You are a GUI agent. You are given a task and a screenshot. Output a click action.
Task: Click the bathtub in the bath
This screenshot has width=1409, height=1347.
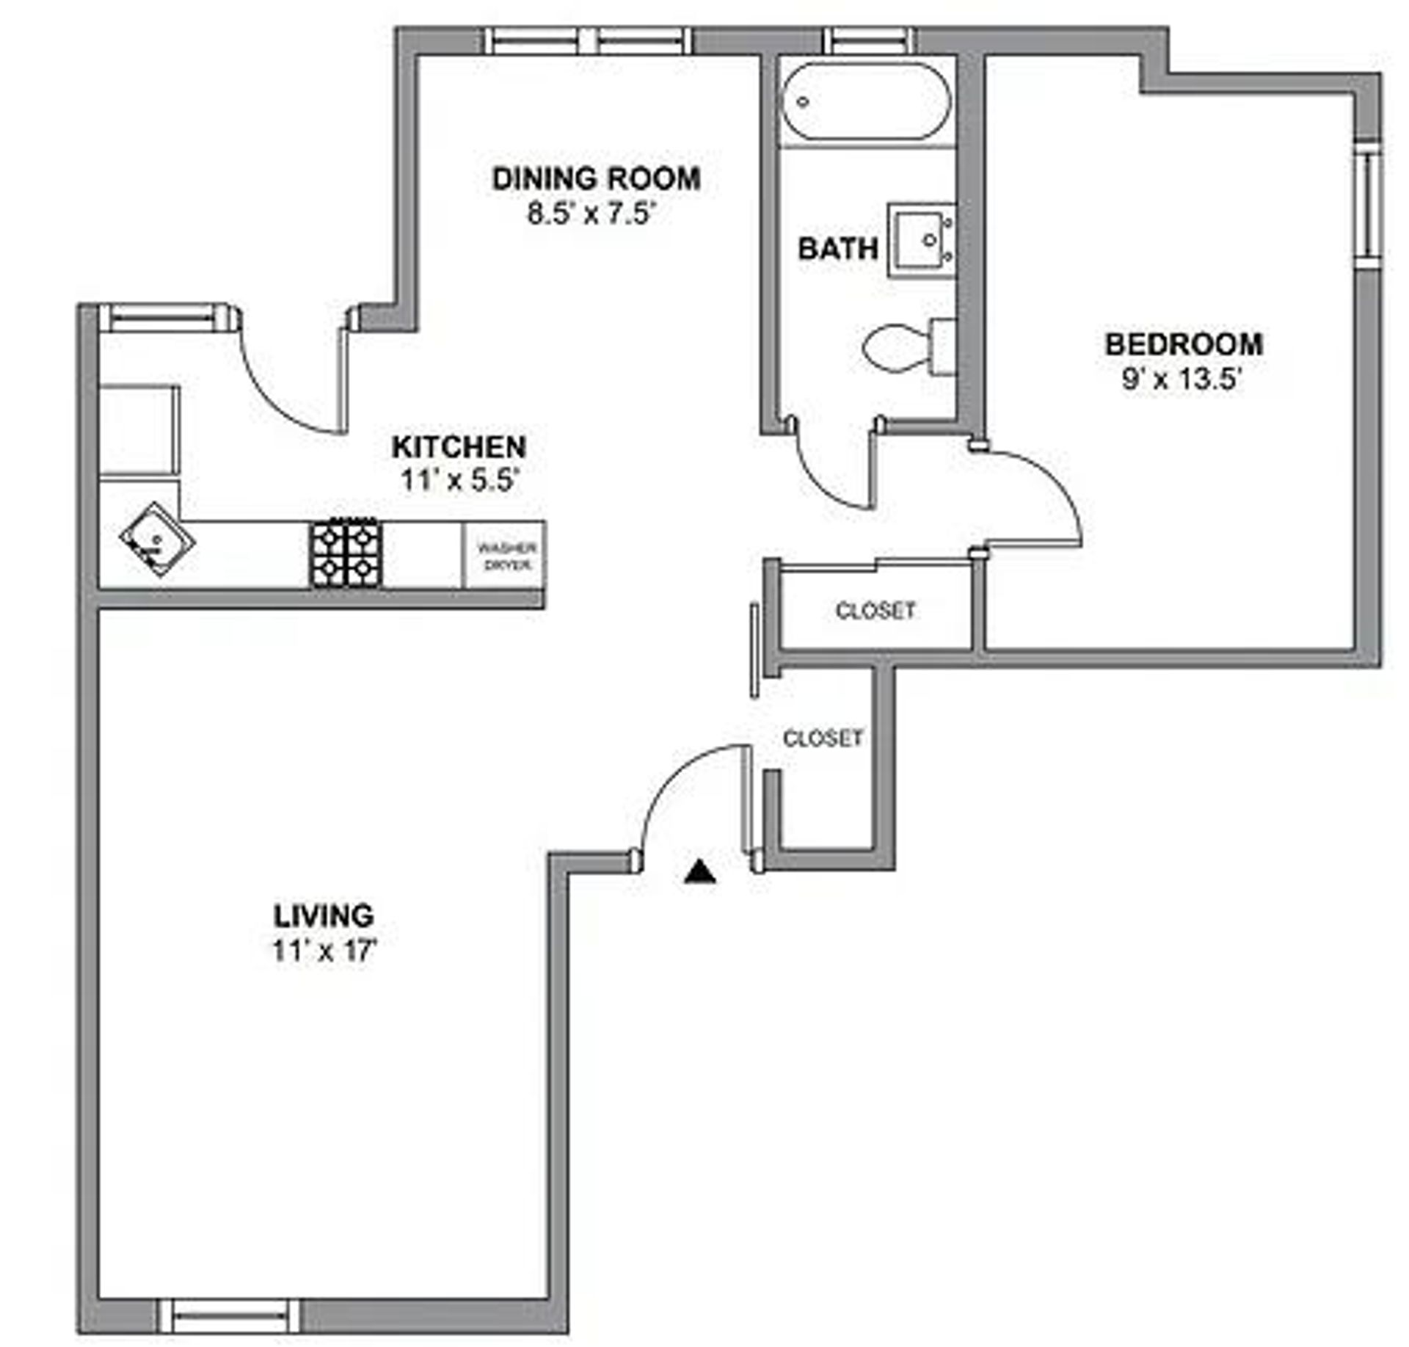(x=867, y=102)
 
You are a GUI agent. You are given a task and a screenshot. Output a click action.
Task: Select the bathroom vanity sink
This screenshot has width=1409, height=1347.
(x=922, y=240)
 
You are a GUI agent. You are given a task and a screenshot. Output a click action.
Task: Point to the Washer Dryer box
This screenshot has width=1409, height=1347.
(x=506, y=556)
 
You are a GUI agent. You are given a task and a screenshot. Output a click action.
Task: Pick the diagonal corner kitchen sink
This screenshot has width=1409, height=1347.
(x=157, y=540)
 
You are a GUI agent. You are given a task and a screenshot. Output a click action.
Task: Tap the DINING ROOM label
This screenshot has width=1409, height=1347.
(x=596, y=179)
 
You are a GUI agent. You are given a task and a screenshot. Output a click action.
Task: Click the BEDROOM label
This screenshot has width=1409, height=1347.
(x=1184, y=344)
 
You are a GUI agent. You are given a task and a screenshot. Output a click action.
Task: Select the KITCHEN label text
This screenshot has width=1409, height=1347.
(x=459, y=447)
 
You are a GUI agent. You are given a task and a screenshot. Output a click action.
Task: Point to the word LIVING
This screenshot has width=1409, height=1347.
(x=324, y=916)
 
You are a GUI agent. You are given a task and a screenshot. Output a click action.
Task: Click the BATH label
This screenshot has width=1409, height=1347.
(x=837, y=249)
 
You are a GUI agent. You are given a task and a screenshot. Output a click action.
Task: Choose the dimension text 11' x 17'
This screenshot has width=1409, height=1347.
(x=324, y=951)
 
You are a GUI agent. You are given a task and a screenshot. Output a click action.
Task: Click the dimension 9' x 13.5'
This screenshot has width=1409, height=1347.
(x=1181, y=380)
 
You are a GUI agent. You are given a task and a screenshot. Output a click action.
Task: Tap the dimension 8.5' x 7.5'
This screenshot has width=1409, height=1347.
(x=590, y=214)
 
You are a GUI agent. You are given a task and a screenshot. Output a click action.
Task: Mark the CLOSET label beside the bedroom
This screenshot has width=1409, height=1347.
(x=875, y=610)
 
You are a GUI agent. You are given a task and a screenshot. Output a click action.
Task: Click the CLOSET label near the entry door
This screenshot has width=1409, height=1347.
(x=823, y=738)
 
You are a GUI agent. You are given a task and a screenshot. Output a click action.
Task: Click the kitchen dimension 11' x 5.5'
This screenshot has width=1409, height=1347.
(x=459, y=481)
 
